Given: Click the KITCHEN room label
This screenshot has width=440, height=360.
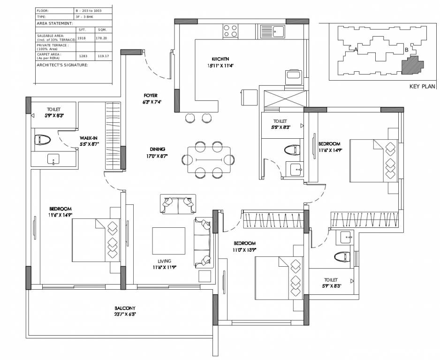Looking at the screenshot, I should tap(220, 59).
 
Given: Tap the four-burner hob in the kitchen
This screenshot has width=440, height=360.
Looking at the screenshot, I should tap(230, 30).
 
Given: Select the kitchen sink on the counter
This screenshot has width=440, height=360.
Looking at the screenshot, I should tap(277, 31).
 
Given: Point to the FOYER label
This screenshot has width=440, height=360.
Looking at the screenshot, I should tap(151, 95).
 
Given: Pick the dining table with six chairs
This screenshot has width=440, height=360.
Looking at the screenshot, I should tap(209, 160).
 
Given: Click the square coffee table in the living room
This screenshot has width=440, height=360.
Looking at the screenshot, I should tap(168, 240).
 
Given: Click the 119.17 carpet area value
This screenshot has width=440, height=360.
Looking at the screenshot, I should tap(103, 56).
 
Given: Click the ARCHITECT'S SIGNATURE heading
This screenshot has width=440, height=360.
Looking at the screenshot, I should tap(62, 65).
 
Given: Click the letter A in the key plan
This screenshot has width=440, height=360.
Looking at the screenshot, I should tap(357, 49).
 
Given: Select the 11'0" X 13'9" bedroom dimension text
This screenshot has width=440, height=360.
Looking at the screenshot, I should tap(245, 250).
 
